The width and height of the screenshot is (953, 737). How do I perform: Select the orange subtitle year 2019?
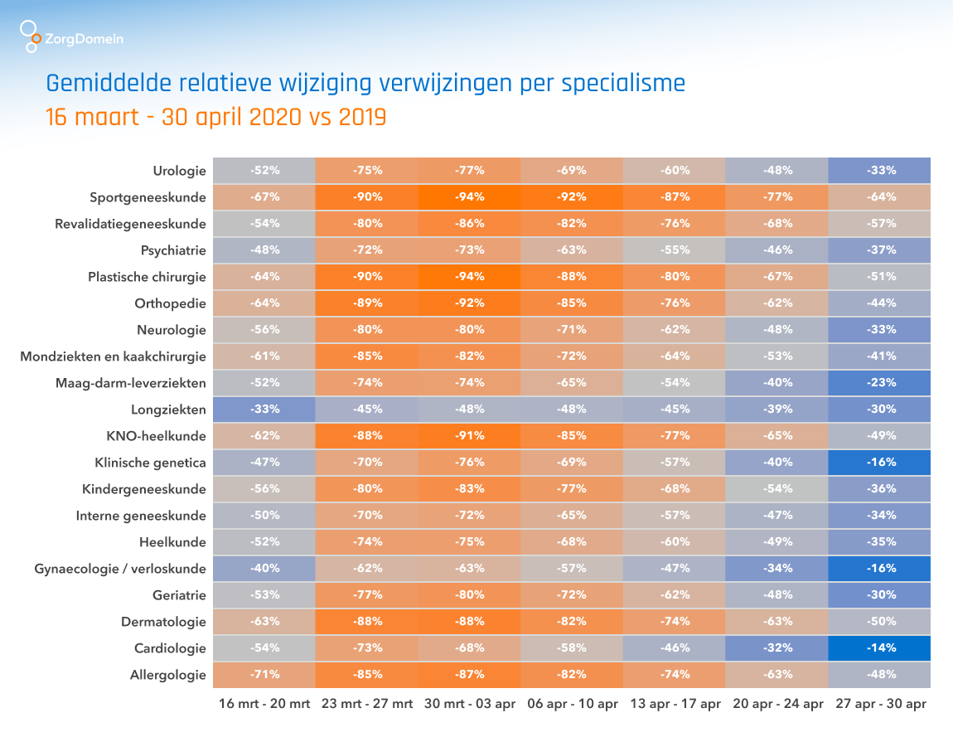(x=362, y=118)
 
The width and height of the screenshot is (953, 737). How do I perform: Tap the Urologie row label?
(x=179, y=171)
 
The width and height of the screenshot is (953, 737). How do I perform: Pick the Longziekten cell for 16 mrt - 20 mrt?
(x=264, y=410)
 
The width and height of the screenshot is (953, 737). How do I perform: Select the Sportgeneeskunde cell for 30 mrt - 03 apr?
(x=469, y=197)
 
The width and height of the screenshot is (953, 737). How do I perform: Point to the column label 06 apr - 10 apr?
(x=572, y=705)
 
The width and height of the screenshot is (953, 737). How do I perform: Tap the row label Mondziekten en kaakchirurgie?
(x=113, y=356)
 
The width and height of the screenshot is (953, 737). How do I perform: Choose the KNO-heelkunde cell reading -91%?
(x=469, y=436)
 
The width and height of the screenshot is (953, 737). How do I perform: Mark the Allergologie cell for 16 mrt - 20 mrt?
(x=264, y=675)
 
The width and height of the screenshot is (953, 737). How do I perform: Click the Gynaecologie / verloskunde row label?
(x=120, y=569)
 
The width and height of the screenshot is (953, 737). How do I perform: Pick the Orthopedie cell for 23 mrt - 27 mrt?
(x=367, y=303)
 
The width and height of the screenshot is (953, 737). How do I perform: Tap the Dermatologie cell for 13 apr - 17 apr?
(x=675, y=622)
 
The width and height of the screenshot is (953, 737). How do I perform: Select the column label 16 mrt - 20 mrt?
(x=264, y=705)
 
